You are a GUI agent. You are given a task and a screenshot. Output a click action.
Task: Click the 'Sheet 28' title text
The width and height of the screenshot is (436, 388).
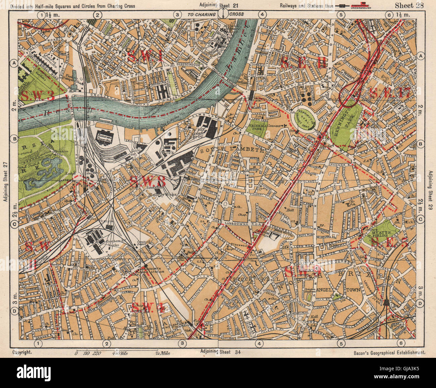coord(409,5)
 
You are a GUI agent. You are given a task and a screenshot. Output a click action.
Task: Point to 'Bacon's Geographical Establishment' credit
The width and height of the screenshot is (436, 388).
coord(389,353)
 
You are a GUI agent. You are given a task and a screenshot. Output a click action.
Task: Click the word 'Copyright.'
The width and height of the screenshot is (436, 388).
coord(22,352)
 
